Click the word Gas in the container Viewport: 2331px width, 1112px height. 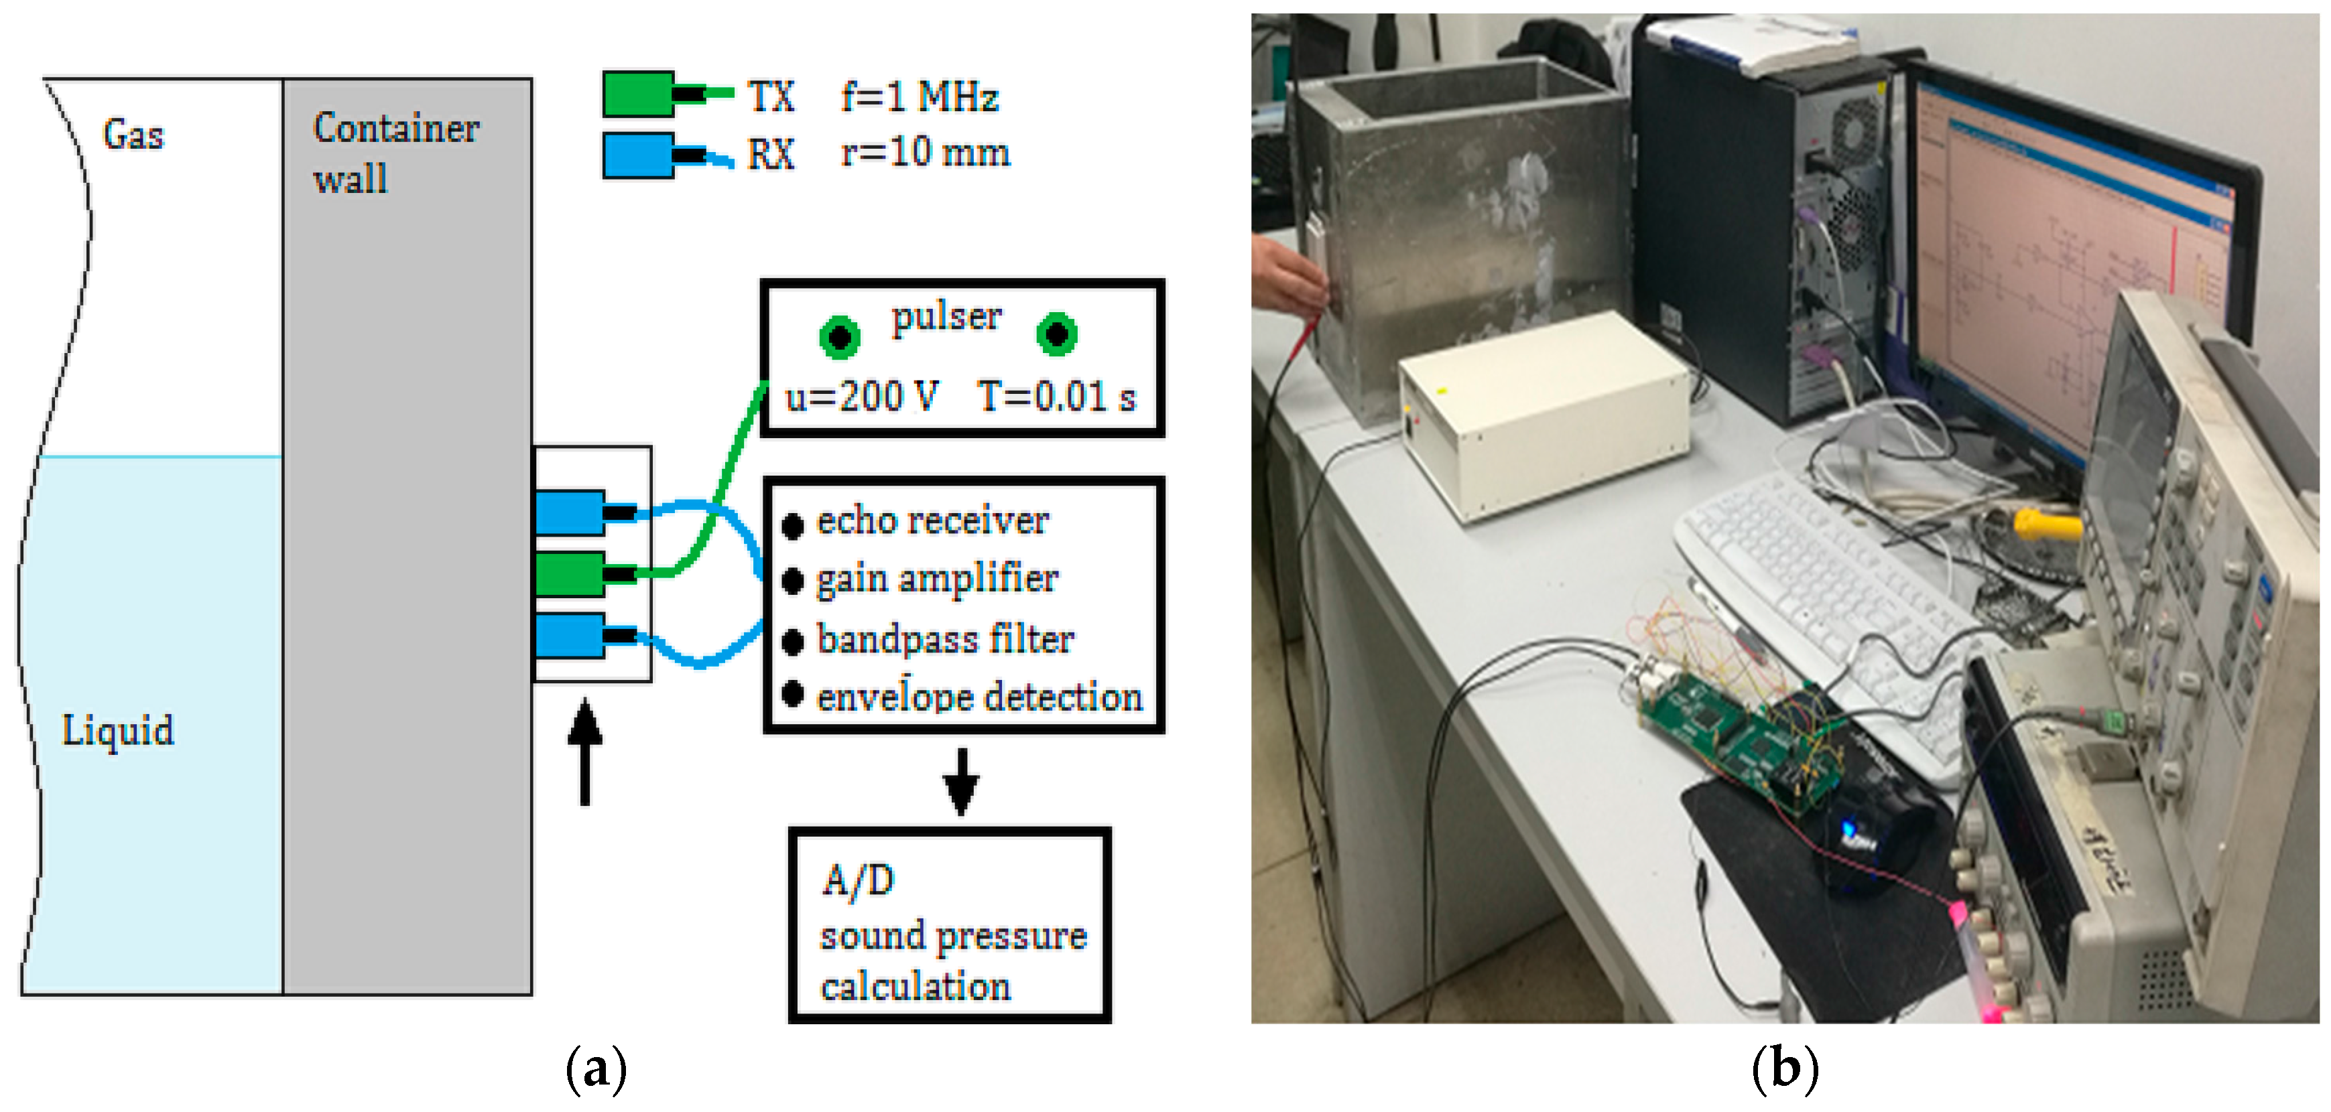pyautogui.click(x=133, y=135)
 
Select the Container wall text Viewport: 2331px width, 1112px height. pyautogui.click(x=395, y=152)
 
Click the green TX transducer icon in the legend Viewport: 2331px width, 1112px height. pyautogui.click(x=639, y=94)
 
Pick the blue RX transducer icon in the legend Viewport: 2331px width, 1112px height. pyautogui.click(x=639, y=155)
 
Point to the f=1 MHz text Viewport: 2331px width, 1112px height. pyautogui.click(x=918, y=96)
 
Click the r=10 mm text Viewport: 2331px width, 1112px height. pyautogui.click(x=925, y=152)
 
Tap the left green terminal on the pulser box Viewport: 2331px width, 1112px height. pyautogui.click(x=839, y=336)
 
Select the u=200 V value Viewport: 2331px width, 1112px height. pyautogui.click(x=861, y=397)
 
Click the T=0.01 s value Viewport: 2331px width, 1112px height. pyautogui.click(x=1055, y=397)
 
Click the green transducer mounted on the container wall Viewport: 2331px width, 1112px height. pyautogui.click(x=570, y=573)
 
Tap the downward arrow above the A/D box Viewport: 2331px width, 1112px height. pyautogui.click(x=960, y=782)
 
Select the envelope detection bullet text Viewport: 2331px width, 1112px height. pyautogui.click(x=979, y=697)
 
